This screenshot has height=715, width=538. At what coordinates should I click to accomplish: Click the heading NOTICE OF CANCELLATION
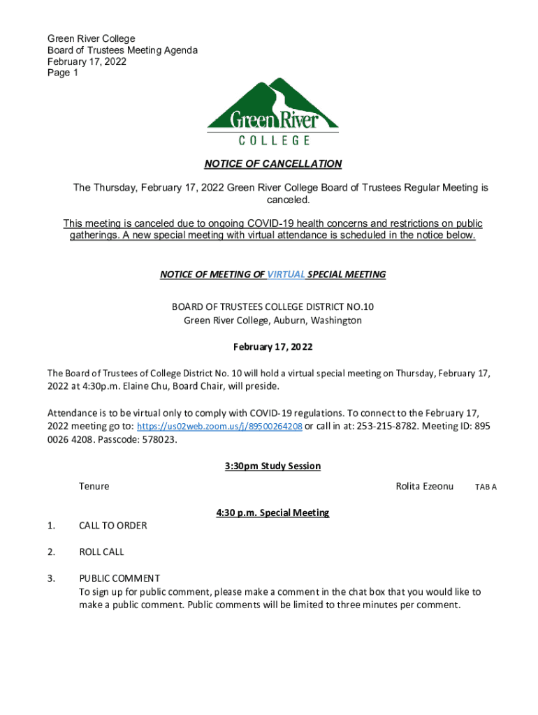272,164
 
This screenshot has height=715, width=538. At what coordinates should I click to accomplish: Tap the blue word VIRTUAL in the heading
286,274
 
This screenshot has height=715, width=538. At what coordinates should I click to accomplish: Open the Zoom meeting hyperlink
219,427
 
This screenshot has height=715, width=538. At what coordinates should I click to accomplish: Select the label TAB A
486,487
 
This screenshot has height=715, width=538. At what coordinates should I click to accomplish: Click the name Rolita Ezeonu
424,486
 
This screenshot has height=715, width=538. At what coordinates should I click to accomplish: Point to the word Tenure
94,486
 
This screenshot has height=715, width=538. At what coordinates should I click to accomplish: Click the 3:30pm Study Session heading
272,466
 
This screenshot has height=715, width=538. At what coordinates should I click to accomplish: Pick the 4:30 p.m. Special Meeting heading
272,513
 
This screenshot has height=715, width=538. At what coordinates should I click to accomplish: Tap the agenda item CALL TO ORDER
113,525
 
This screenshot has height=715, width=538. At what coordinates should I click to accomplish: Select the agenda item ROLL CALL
101,552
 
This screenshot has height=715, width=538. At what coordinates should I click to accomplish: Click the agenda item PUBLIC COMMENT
119,578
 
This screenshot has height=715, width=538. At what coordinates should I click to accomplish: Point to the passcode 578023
152,440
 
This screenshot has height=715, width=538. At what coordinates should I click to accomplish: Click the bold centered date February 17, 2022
272,347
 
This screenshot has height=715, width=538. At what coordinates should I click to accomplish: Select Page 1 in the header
63,73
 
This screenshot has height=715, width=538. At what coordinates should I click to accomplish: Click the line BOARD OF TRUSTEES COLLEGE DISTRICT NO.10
272,307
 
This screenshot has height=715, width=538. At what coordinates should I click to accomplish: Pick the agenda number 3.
51,578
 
